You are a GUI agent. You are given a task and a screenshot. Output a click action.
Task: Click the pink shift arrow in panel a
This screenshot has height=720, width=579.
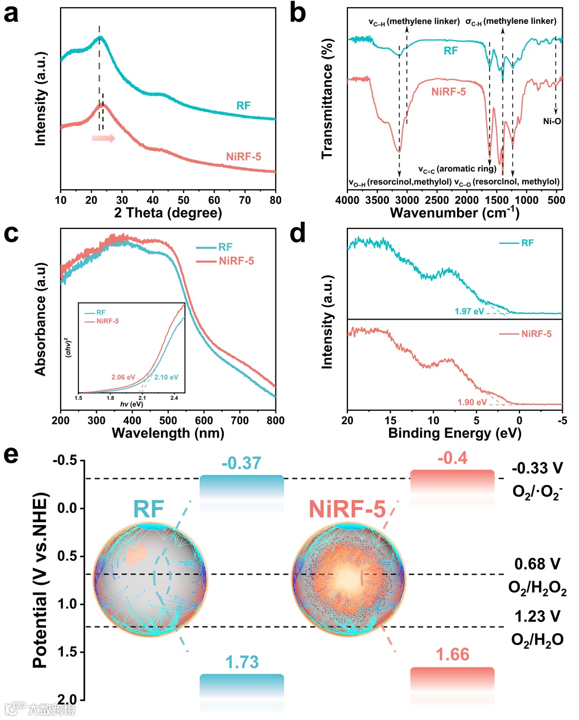coord(104,138)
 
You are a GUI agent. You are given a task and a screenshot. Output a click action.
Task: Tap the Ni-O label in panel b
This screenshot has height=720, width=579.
coord(552,121)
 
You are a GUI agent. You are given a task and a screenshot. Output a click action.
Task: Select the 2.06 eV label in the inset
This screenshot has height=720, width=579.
coord(123,378)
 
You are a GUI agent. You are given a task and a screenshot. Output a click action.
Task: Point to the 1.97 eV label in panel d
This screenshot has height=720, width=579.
coord(469,311)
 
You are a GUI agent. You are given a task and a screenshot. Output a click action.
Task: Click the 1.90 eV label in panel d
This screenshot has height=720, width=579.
coord(472,402)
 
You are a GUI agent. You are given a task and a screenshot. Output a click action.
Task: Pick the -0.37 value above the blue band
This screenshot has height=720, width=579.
coord(241,463)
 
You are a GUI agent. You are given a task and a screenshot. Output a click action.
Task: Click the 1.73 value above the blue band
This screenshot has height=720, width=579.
coord(242,662)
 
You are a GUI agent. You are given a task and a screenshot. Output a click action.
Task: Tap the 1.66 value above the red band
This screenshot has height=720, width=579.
coord(452,654)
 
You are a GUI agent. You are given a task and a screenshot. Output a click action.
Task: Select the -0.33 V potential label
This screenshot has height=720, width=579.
coord(537,468)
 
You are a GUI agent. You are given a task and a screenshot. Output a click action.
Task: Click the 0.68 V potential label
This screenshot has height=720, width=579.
coord(537,564)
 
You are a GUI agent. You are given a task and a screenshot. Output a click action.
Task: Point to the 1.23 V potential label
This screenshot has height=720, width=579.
coord(537,616)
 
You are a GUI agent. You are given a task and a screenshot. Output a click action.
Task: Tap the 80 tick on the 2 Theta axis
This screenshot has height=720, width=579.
coord(275,200)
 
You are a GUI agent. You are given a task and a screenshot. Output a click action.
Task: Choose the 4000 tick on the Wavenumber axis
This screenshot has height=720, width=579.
coord(347,200)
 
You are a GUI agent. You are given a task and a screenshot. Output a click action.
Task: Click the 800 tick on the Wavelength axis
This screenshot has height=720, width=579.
coord(275,420)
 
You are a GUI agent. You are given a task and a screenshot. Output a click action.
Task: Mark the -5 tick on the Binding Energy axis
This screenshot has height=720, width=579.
coord(562,420)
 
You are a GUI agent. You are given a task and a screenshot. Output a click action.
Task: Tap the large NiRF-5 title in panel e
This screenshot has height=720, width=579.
coord(347,510)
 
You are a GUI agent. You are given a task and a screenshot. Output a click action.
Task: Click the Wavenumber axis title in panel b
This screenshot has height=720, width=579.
coord(454,213)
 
